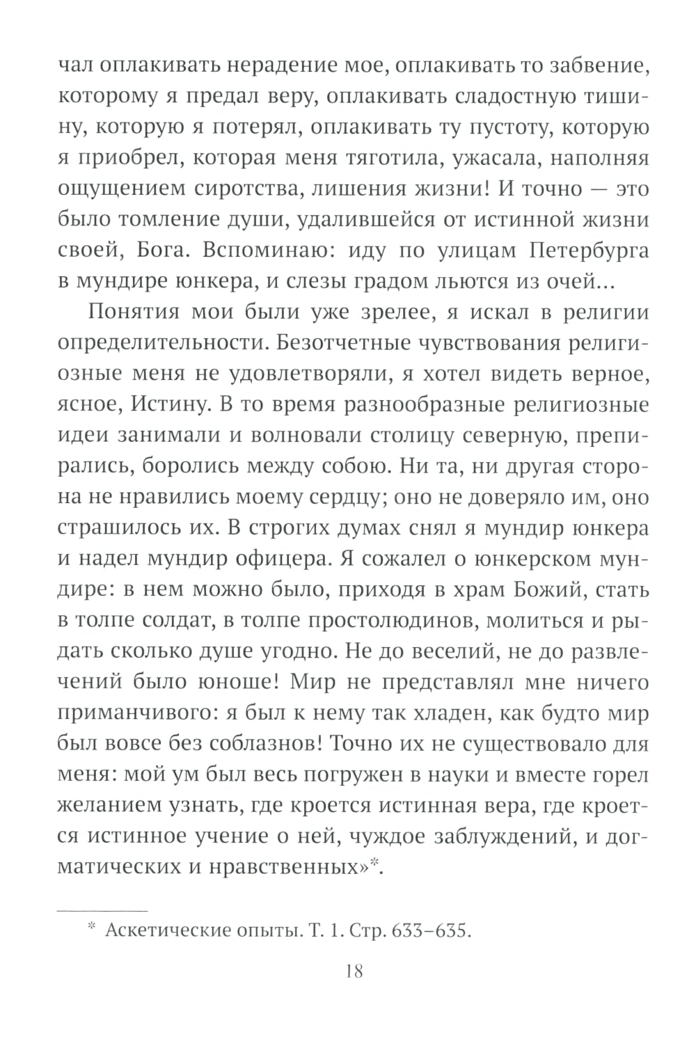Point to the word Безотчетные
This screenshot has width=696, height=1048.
point(362,343)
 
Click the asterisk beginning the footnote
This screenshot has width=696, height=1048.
point(91,927)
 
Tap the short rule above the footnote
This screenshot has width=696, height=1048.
point(102,910)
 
